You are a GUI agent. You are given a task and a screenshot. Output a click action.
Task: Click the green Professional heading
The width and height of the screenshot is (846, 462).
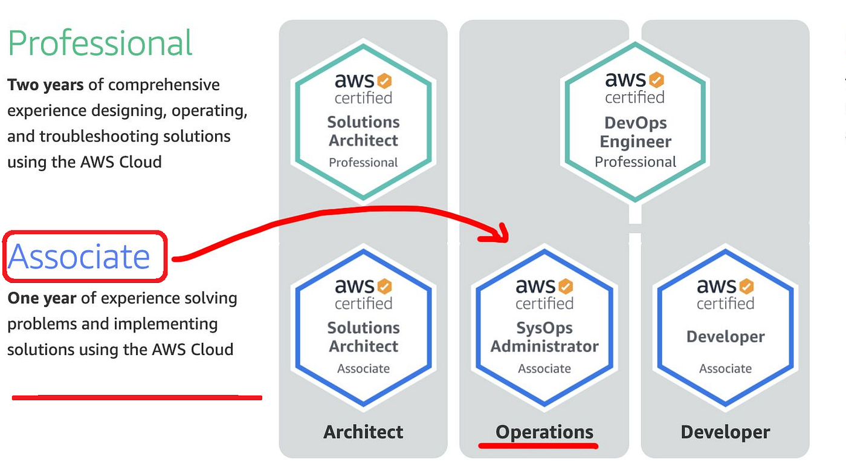tap(100, 44)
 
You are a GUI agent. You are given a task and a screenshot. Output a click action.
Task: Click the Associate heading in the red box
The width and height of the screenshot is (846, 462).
tap(79, 256)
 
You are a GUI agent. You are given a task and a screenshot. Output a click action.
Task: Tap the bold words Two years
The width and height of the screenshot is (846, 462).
tap(45, 85)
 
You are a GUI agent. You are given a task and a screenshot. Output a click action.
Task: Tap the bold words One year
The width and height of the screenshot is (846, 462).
tap(42, 298)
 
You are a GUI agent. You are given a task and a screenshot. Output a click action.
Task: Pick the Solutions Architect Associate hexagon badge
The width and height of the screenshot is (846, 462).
tap(363, 327)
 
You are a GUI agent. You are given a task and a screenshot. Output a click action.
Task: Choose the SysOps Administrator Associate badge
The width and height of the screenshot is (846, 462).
tap(544, 327)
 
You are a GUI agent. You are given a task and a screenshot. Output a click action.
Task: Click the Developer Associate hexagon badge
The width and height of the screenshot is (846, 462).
tap(725, 327)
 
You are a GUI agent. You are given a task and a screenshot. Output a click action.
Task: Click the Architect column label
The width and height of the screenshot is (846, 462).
tap(363, 432)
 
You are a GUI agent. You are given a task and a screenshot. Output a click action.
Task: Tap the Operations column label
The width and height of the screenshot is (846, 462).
tap(544, 432)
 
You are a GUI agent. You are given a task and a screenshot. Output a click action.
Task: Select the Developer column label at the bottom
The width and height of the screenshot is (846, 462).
tap(725, 432)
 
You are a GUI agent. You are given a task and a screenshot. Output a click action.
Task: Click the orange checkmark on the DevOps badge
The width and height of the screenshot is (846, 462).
tap(656, 80)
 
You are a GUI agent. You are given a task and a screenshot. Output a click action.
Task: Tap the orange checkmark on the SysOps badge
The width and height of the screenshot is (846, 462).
tap(565, 286)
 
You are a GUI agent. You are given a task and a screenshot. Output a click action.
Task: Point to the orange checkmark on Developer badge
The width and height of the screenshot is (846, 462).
tap(746, 286)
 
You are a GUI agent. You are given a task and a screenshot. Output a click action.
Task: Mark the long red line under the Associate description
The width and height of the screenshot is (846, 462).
tap(137, 397)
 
